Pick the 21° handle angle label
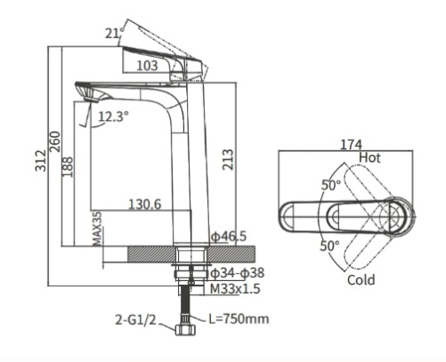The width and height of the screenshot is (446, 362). click(x=111, y=35)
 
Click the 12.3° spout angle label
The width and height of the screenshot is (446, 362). click(x=113, y=116)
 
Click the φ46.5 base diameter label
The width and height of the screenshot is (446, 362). click(x=228, y=237)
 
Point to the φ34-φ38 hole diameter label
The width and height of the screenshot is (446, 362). click(x=235, y=272)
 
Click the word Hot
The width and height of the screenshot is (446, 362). click(x=372, y=157)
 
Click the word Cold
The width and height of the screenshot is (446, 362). click(x=361, y=280)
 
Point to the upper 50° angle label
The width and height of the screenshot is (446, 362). click(x=330, y=185)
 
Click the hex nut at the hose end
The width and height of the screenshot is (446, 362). click(x=187, y=334)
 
